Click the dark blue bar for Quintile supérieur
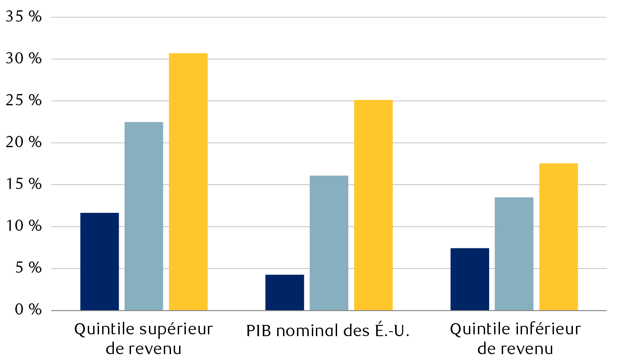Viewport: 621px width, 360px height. click(99, 261)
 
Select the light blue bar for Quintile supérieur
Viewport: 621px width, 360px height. click(144, 216)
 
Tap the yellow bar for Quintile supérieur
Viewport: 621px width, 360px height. click(188, 182)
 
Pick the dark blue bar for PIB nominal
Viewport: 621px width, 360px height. click(284, 292)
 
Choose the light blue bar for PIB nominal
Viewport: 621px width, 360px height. click(329, 243)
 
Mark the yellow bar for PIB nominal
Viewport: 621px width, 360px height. click(373, 205)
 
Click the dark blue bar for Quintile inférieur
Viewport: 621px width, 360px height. click(469, 279)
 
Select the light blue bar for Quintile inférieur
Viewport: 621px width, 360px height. click(514, 254)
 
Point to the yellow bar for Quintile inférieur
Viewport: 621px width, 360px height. click(558, 237)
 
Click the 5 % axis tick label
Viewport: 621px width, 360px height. click(27, 269)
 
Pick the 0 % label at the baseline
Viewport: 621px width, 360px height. click(27, 310)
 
